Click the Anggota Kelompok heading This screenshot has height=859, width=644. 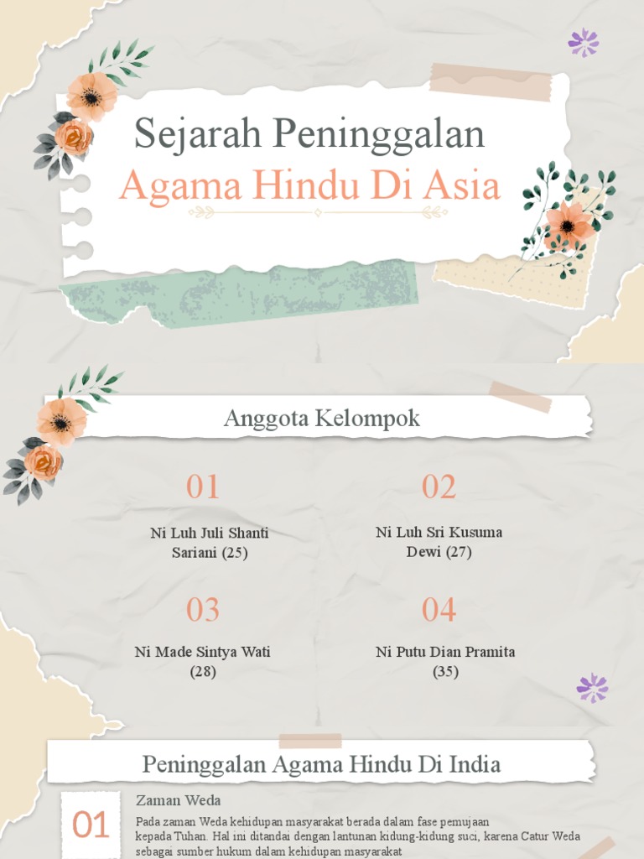(322, 419)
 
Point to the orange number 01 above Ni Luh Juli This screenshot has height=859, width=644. (203, 487)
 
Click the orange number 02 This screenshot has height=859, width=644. (439, 487)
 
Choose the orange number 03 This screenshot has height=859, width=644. (203, 610)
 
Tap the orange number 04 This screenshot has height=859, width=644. (439, 610)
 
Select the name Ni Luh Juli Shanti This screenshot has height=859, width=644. (210, 533)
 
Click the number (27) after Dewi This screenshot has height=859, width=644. (458, 552)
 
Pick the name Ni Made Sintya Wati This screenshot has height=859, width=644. (202, 652)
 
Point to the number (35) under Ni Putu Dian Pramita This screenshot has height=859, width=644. (445, 672)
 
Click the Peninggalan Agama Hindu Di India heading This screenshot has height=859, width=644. (321, 764)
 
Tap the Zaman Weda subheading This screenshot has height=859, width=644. (178, 800)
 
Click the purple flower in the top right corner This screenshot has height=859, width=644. (584, 42)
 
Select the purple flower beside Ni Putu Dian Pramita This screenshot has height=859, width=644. (592, 688)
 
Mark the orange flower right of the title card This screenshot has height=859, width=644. (568, 224)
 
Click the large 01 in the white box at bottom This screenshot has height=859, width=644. (91, 825)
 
